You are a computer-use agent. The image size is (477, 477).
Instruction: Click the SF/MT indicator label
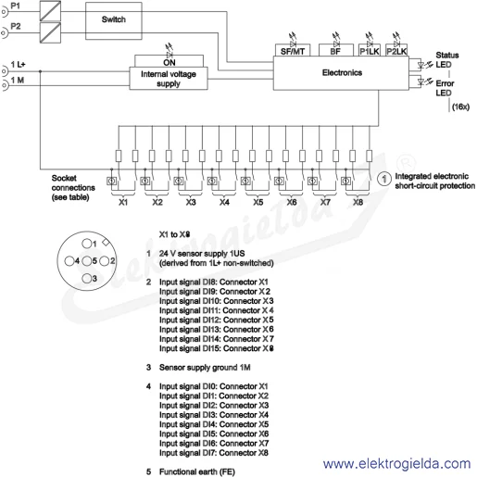(293, 51)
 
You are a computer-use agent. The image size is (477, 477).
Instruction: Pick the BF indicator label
(335, 51)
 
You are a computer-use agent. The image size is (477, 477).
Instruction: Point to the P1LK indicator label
(370, 51)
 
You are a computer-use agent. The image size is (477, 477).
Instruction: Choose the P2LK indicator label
(396, 51)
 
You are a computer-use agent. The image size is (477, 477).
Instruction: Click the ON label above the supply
(169, 63)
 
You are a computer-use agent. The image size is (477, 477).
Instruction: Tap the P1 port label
(16, 6)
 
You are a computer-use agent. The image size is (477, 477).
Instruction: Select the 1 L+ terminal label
(18, 65)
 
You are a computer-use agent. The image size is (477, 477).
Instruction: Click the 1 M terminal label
(18, 81)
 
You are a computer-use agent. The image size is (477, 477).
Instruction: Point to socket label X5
(258, 202)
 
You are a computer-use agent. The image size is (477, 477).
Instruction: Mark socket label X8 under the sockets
(358, 202)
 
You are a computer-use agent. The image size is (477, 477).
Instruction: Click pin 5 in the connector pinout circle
(87, 261)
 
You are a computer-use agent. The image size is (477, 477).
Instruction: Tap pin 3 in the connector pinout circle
(87, 278)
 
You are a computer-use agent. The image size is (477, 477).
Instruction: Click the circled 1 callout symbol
(384, 179)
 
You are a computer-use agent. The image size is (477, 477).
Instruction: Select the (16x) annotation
(460, 107)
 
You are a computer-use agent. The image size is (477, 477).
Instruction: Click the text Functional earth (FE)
(197, 471)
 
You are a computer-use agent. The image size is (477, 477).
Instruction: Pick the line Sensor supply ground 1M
(205, 368)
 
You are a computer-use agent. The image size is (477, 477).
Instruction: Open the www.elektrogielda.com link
(396, 464)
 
